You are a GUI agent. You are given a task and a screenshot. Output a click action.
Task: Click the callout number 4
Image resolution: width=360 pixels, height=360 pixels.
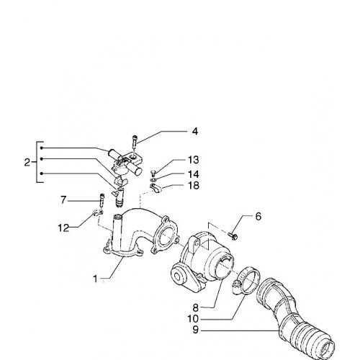point(195,132)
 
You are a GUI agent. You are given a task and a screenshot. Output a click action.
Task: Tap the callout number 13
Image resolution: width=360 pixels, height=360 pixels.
point(194,160)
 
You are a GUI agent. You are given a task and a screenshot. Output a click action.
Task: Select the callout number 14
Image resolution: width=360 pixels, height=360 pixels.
point(194,174)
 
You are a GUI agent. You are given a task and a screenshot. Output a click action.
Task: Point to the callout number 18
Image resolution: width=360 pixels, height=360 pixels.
point(194,185)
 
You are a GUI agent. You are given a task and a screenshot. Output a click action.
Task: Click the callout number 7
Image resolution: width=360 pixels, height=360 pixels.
point(63,200)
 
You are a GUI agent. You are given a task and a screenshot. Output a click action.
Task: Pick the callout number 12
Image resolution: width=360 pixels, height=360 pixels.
point(63,228)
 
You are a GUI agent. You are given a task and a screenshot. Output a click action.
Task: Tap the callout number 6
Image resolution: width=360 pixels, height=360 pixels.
point(258,217)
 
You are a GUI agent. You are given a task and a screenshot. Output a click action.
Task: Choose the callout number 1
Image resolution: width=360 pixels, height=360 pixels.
point(96,279)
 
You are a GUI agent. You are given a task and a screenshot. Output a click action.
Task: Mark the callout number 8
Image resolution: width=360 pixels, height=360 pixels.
point(196,307)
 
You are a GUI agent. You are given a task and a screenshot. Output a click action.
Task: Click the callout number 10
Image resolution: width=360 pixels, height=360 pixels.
point(193,319)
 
